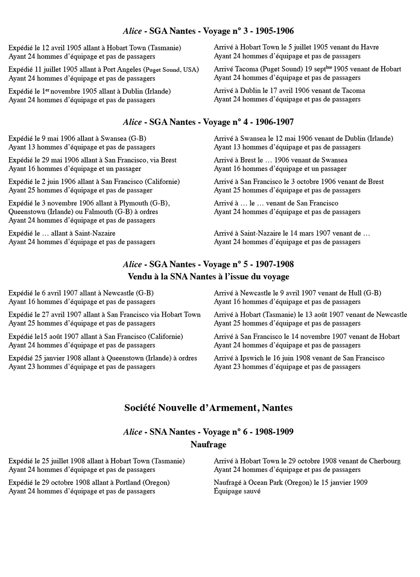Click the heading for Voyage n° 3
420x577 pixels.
(208, 31)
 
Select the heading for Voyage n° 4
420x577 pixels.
(208, 122)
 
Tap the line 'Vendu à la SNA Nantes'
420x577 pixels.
(208, 277)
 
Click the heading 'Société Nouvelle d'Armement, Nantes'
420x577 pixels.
(208, 408)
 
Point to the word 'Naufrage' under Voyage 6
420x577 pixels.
(208, 444)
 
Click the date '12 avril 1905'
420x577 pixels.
(62, 48)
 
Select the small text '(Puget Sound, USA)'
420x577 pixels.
(171, 70)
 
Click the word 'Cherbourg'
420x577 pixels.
(385, 461)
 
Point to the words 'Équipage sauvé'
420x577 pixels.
(237, 491)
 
